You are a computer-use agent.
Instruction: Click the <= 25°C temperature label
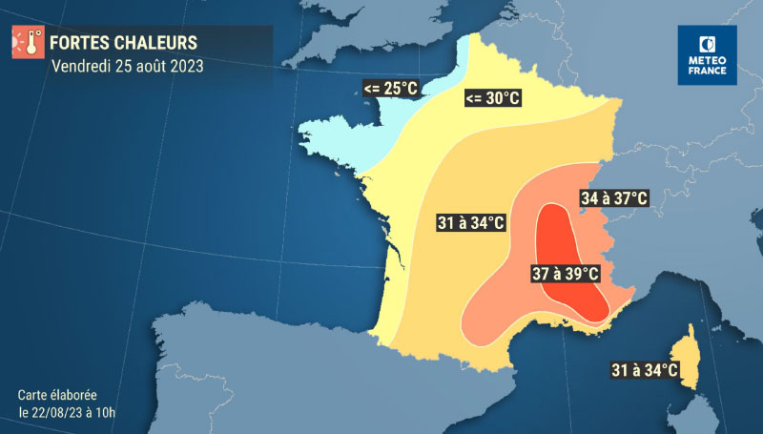click(x=390, y=89)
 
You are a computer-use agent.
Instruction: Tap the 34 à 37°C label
click(x=614, y=198)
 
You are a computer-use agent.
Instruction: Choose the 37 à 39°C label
click(x=565, y=274)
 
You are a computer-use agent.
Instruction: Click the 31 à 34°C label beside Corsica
click(x=645, y=369)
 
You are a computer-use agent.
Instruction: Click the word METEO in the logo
click(x=707, y=59)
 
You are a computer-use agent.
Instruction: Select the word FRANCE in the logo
click(x=707, y=72)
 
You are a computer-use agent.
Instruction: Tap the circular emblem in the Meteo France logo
click(x=707, y=43)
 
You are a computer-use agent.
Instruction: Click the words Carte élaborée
click(x=57, y=395)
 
